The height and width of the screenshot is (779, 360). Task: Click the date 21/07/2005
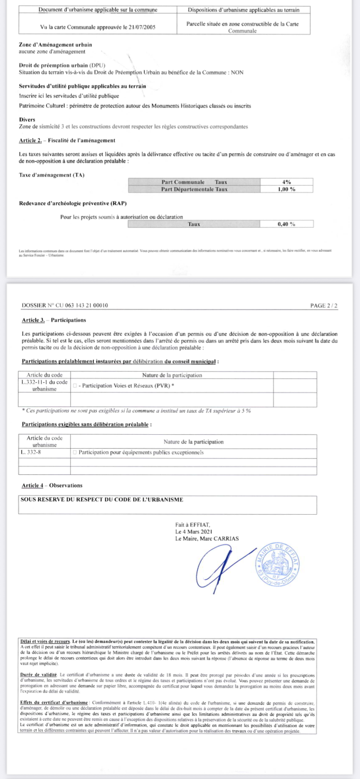[141, 27]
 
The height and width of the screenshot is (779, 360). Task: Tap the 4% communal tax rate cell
[287, 182]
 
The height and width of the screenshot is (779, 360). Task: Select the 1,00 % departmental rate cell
[287, 189]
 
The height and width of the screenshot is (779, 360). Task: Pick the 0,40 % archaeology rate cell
[287, 224]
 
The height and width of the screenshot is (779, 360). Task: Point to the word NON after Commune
[237, 73]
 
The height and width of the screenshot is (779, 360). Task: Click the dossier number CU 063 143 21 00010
[82, 306]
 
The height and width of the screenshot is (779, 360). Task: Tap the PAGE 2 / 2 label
[323, 306]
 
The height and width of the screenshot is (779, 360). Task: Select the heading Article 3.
[33, 320]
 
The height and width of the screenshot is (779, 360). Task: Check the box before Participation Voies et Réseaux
[75, 386]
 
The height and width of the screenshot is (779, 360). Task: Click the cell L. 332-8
[31, 453]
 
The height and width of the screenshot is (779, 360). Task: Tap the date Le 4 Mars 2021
[193, 532]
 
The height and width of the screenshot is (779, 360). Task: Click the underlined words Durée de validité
[39, 674]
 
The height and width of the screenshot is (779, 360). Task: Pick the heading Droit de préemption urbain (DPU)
[62, 66]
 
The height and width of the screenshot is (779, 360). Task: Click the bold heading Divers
[27, 120]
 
